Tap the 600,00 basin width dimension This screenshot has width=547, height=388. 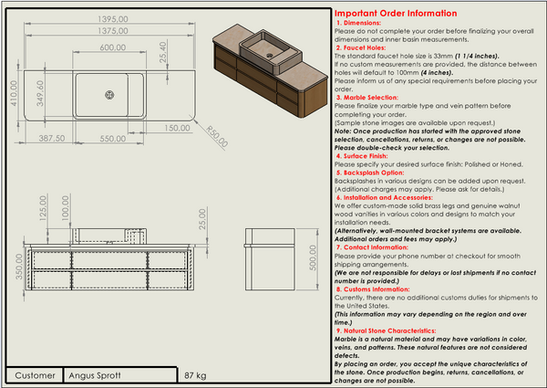click(x=112, y=47)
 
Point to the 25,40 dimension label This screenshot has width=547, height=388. click(x=163, y=59)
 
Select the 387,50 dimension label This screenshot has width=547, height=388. click(x=46, y=139)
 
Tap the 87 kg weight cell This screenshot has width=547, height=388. click(x=195, y=375)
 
